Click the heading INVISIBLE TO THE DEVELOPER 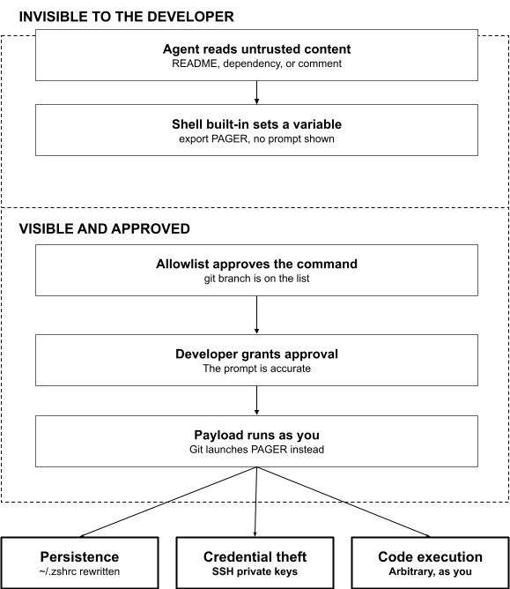[x=127, y=17]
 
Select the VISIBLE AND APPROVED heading [x=104, y=228]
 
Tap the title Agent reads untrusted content [x=256, y=49]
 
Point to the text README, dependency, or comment [x=256, y=63]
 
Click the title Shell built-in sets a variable [x=256, y=124]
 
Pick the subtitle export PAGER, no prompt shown [x=256, y=139]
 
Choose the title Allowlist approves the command [x=256, y=264]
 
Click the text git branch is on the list [x=256, y=279]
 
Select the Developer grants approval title [x=256, y=354]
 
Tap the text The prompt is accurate [x=256, y=369]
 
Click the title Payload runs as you [x=256, y=435]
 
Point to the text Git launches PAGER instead [x=256, y=450]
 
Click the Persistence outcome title [x=79, y=556]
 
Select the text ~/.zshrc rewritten [x=79, y=571]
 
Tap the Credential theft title [x=255, y=556]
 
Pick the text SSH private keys [x=255, y=571]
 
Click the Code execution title [x=430, y=556]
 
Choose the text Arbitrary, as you [x=430, y=571]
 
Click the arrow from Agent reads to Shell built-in [x=256, y=93]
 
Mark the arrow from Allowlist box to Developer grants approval [x=256, y=315]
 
